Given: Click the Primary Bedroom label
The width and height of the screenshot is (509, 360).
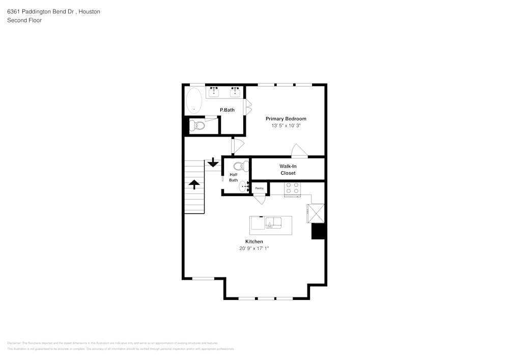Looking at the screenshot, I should (286, 119).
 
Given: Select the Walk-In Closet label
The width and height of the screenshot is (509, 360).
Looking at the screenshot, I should (288, 170).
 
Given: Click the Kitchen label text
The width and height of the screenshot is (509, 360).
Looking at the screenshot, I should (254, 241).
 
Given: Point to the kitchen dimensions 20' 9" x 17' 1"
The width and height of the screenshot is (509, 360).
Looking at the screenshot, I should (254, 248).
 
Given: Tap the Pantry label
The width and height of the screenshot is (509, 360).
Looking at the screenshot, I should (260, 188).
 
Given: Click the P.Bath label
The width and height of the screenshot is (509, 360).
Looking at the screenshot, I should (227, 110).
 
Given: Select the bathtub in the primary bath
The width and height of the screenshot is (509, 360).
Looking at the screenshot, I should (194, 101).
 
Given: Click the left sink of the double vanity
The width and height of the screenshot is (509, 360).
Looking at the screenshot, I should (214, 92).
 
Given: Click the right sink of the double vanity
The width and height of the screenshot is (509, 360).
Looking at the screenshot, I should (235, 92).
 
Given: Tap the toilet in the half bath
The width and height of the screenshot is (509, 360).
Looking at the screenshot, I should (240, 166).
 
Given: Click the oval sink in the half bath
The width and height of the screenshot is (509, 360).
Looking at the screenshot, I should (244, 187).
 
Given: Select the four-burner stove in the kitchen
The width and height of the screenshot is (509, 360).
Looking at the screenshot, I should (292, 188).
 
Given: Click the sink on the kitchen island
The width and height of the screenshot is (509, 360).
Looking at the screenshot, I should (273, 222).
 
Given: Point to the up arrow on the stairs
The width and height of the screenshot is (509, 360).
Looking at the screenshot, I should (194, 184).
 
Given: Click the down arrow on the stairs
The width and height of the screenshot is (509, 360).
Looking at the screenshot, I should (213, 163).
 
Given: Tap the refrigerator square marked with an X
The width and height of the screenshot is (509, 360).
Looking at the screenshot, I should (316, 213).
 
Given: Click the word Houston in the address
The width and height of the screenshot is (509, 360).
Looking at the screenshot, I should (89, 11).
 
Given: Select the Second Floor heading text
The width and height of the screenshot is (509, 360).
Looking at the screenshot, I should (24, 20).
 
